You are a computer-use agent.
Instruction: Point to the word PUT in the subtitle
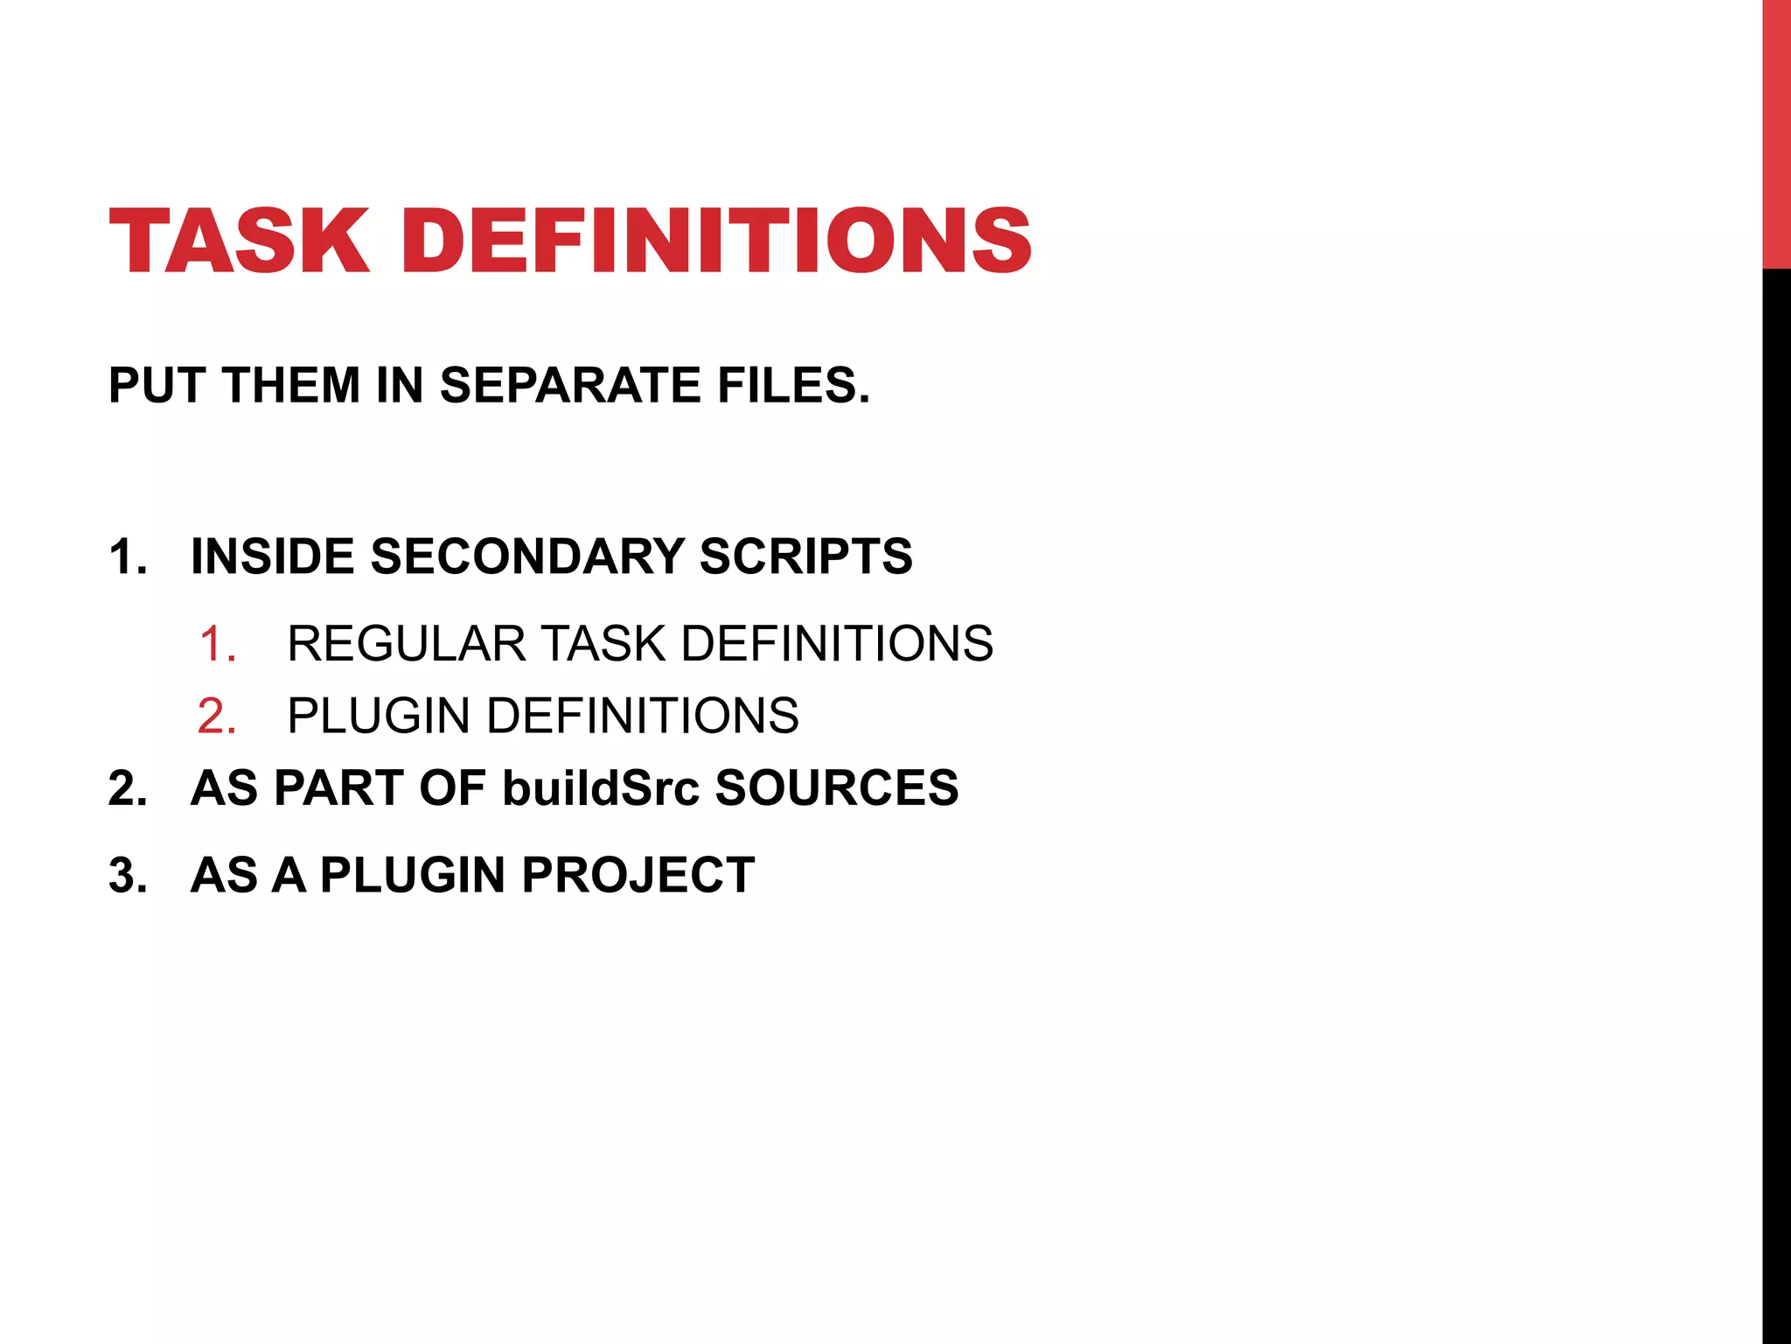point(157,386)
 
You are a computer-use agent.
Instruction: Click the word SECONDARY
point(527,556)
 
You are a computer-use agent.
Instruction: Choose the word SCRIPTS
point(805,556)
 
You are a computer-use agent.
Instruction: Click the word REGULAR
point(406,644)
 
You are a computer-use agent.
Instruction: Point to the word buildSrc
point(601,787)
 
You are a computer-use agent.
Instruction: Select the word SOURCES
point(837,787)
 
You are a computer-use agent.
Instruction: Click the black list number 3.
point(127,875)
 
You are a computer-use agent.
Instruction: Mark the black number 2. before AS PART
point(127,788)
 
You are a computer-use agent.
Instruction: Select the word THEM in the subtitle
point(291,386)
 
